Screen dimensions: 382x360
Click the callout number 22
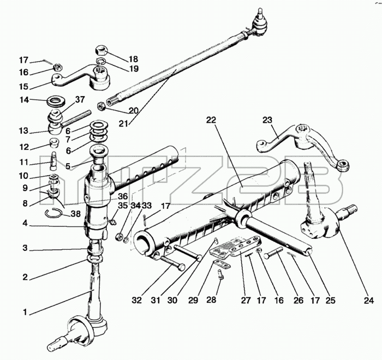coord(211,120)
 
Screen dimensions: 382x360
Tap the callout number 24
coord(368,301)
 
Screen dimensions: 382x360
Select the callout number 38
coord(75,214)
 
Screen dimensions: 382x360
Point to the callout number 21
coord(123,124)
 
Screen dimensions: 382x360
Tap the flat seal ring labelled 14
coord(55,101)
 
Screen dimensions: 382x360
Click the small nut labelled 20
coord(102,106)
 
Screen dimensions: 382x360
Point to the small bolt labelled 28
coord(220,273)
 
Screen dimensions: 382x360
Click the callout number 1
coord(25,312)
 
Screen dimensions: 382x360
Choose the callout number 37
coord(80,99)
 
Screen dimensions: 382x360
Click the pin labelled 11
coord(54,161)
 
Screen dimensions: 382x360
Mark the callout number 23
coord(267,120)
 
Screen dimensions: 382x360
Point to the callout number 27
coord(246,301)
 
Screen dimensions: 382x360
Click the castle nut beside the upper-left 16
coord(58,67)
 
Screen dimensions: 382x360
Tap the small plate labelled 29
coord(222,264)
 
